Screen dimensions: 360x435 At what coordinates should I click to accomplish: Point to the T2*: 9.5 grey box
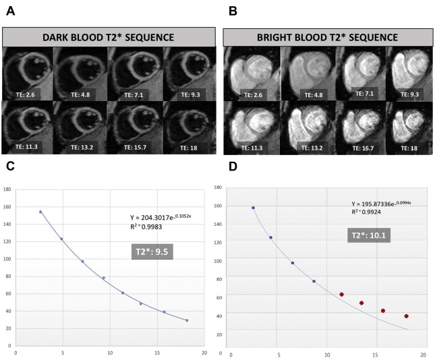(152, 254)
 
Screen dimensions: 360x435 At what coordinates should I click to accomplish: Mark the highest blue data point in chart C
(40, 212)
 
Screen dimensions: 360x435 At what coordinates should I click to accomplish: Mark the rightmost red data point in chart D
(406, 316)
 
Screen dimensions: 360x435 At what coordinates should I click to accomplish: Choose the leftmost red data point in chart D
(341, 295)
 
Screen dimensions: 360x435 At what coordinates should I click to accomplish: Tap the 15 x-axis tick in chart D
(375, 355)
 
